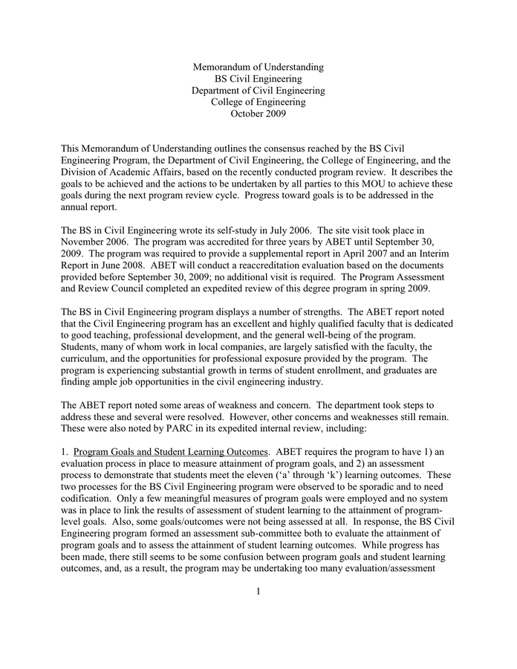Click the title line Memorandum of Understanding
pos(258,67)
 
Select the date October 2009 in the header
pos(258,114)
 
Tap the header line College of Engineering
pos(258,102)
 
